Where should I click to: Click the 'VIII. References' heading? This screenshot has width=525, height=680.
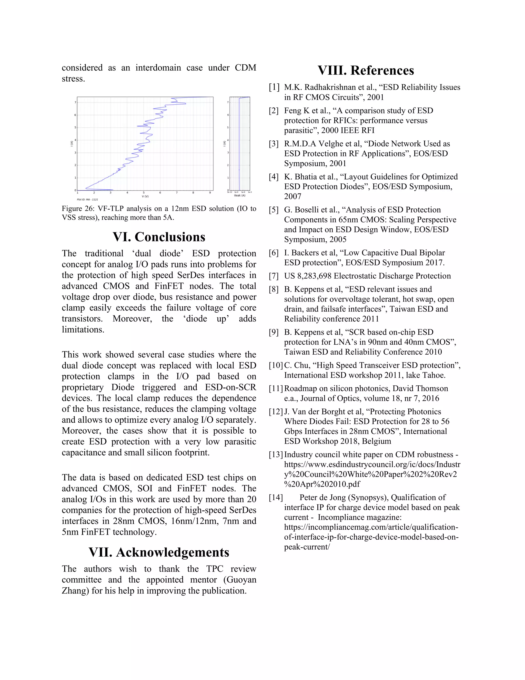pos(366,70)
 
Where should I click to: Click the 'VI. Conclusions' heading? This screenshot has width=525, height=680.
pos(159,237)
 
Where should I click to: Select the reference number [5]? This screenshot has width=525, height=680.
pos(274,210)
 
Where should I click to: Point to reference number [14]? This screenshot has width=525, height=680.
pos(276,498)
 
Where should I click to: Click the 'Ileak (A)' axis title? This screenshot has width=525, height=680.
pos(239,196)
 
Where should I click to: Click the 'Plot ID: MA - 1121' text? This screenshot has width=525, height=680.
pos(87,200)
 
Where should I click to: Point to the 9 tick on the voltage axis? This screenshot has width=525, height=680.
pos(210,193)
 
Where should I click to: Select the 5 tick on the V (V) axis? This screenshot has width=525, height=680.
pos(143,193)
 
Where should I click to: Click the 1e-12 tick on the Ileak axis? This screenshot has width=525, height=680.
pos(230,192)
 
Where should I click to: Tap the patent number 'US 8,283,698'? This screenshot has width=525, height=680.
pos(308,276)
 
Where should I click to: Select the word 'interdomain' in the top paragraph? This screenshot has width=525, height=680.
pos(158,68)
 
